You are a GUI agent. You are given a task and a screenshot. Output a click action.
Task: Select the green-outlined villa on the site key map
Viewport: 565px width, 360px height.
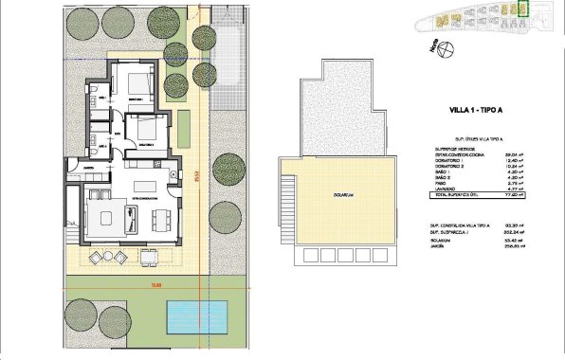(519, 9)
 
